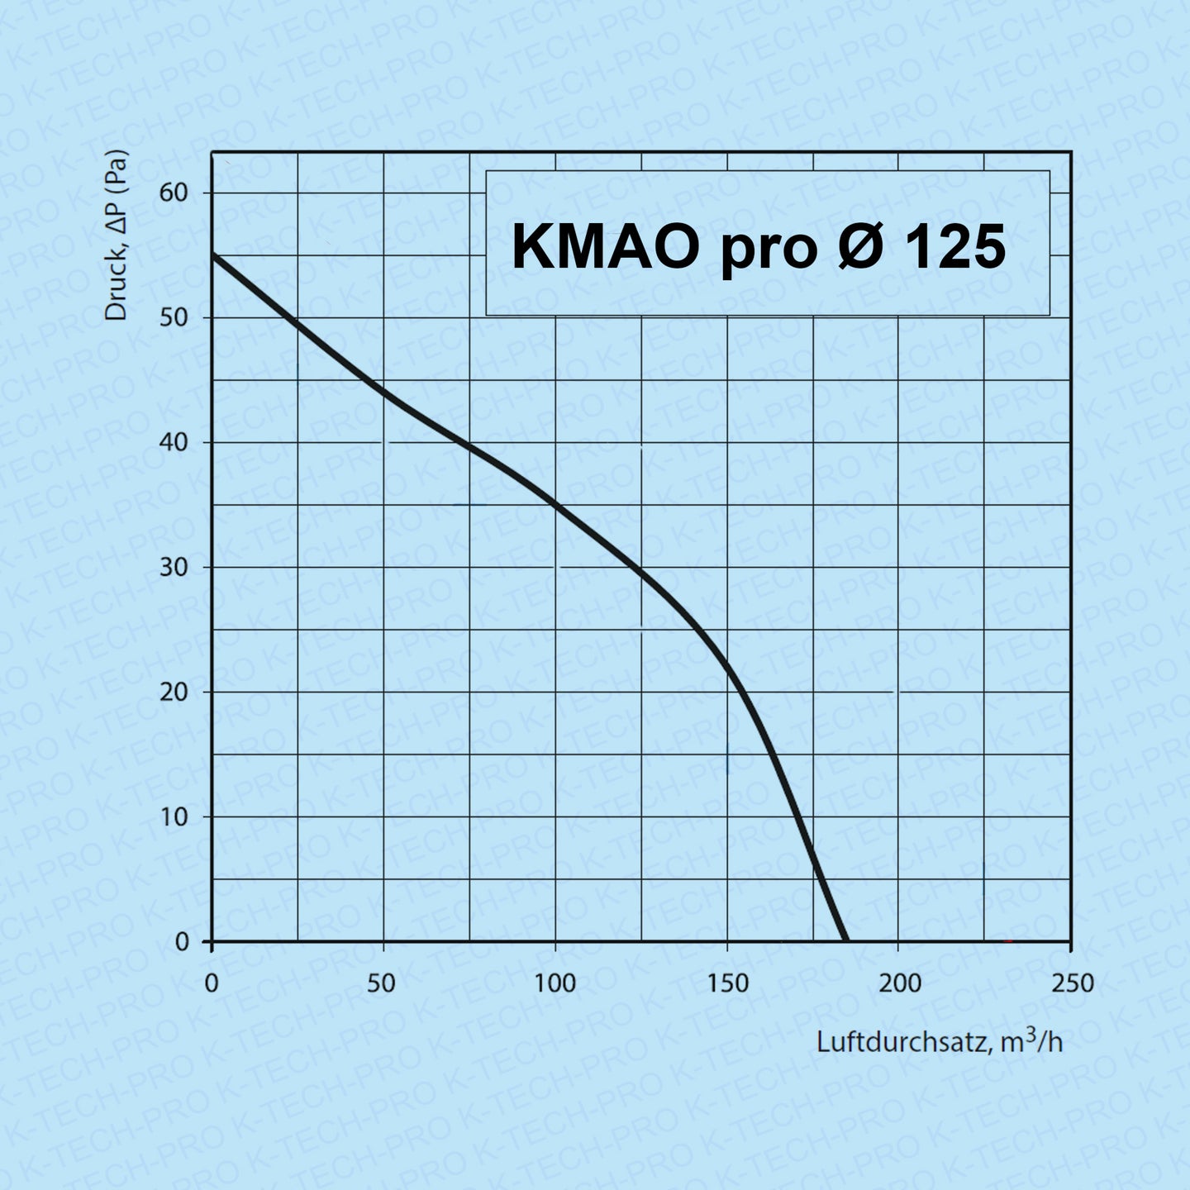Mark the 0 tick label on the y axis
pos(181,942)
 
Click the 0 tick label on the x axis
pos(212,983)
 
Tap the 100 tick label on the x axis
pos(555,983)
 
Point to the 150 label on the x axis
pos(727,983)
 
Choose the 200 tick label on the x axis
pos(899,983)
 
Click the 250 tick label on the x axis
pos(1071,983)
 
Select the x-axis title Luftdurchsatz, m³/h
pos(940,1041)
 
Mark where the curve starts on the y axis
pos(213,255)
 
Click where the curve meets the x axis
pos(845,940)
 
